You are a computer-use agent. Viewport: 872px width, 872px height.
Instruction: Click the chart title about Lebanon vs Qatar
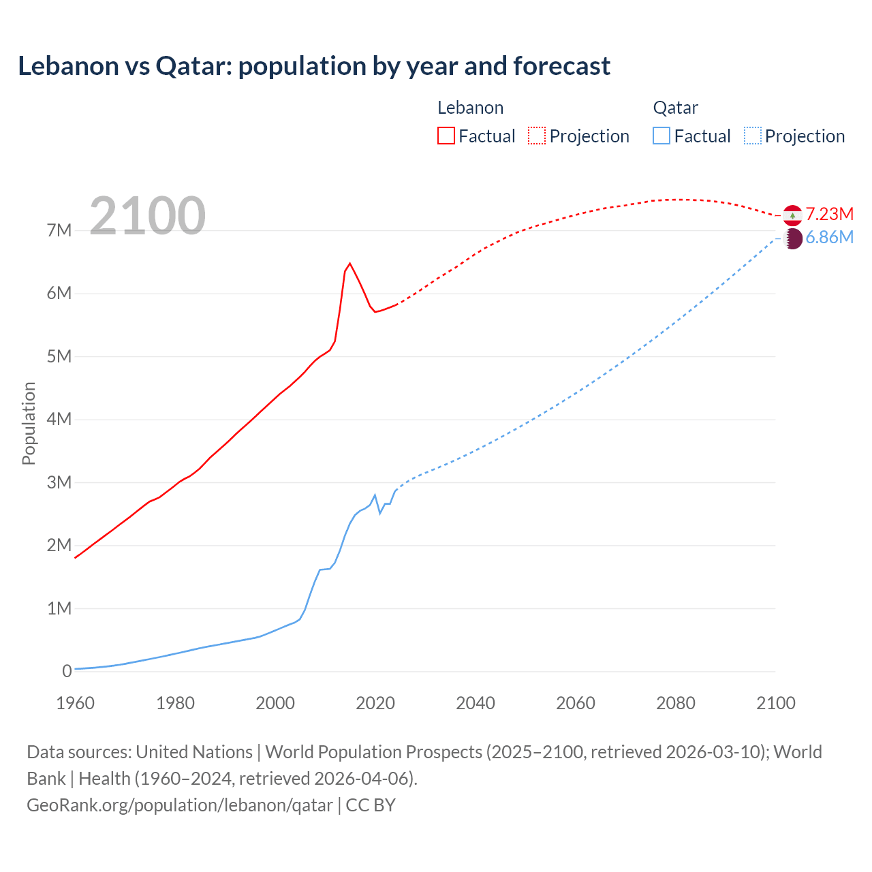coord(314,66)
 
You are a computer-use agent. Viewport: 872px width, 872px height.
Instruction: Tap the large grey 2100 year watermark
coord(147,216)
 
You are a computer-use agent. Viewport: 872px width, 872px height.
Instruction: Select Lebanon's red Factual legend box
coord(446,136)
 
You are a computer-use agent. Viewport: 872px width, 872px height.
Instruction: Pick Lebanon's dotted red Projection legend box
coord(537,136)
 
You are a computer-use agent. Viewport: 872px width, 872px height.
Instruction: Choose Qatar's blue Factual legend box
coord(661,136)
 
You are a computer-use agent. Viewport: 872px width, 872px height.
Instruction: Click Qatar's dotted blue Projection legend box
coord(752,136)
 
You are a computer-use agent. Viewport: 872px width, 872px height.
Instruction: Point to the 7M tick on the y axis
coord(59,230)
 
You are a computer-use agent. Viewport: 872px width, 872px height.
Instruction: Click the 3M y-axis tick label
coord(59,482)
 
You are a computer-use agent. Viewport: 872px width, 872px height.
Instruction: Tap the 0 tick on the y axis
coord(67,671)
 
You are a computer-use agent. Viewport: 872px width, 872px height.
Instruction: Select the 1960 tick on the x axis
coord(75,703)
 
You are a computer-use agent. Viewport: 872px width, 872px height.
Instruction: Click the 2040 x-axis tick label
coord(476,703)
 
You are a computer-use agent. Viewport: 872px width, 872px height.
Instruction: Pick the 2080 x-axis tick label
coord(676,703)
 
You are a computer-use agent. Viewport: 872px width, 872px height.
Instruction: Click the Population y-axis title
coord(29,423)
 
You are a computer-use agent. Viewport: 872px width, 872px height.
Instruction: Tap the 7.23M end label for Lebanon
coord(830,214)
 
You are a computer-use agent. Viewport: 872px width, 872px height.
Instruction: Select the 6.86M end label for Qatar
coord(829,238)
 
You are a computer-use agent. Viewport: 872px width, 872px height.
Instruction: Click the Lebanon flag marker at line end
coord(792,215)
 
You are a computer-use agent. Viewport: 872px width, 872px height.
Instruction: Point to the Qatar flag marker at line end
coord(793,238)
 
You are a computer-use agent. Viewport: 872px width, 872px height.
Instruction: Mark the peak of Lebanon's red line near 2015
coord(349,263)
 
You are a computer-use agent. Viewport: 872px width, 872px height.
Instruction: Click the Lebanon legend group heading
coord(470,108)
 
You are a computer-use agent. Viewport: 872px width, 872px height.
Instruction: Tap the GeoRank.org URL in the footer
coord(180,805)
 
